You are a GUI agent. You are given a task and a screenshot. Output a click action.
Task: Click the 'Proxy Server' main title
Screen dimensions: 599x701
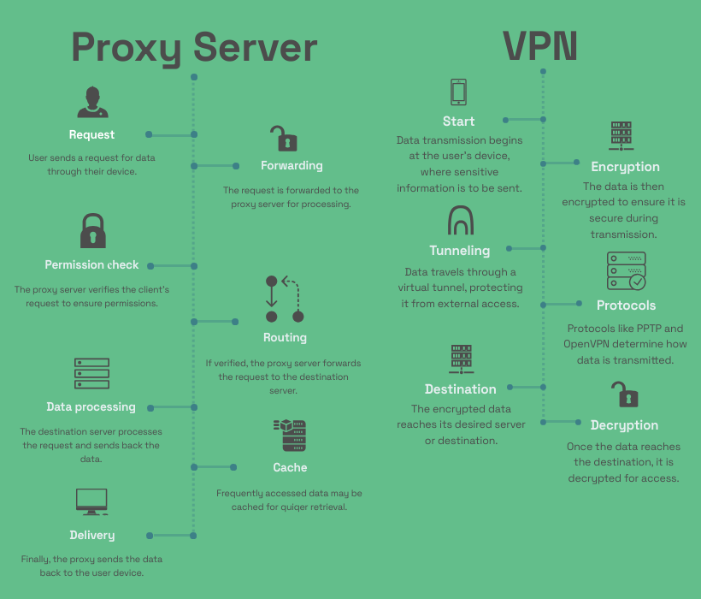(x=194, y=47)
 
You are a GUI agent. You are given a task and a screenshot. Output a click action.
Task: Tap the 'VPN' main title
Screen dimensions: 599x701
(x=539, y=47)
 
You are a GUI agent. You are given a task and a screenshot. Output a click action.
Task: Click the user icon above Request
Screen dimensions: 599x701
(x=92, y=102)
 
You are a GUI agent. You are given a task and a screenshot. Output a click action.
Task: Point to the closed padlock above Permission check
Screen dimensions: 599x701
(x=92, y=231)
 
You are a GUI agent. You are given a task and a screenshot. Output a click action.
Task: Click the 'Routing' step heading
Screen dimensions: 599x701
(x=285, y=337)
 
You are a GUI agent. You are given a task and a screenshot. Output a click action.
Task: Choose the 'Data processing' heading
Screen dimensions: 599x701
(x=91, y=406)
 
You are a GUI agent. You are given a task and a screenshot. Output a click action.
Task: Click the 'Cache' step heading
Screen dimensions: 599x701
(x=290, y=467)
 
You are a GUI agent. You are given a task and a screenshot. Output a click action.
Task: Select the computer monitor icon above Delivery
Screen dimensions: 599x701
(x=91, y=501)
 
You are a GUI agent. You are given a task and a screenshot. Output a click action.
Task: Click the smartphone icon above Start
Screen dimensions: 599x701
(x=458, y=92)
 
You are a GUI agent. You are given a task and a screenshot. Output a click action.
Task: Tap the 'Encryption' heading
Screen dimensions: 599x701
(x=626, y=167)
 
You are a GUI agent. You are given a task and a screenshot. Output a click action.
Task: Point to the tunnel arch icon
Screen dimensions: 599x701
(x=460, y=221)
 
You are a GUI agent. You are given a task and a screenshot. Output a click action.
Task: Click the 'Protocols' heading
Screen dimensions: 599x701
(x=627, y=305)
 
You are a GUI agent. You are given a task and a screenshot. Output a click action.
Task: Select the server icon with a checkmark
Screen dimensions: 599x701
(x=627, y=270)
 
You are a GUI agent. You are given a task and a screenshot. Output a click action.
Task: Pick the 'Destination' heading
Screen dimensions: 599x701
(x=460, y=389)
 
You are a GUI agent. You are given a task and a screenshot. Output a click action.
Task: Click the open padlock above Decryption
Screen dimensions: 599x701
(x=624, y=395)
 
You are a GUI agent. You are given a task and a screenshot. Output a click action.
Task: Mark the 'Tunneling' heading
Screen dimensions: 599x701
(x=460, y=251)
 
